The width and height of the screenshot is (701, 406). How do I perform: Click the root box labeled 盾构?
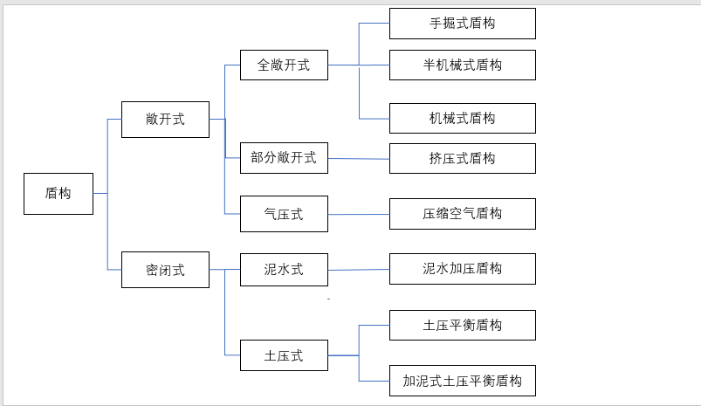tap(58, 194)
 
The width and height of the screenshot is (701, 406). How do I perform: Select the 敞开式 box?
tap(165, 120)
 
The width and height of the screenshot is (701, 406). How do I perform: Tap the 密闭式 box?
tap(165, 270)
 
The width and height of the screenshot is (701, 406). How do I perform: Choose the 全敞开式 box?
tap(284, 65)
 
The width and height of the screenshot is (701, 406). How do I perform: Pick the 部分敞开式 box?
tap(284, 158)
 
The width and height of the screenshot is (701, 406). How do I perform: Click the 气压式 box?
tap(284, 214)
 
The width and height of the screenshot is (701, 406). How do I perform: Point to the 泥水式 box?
tap(284, 270)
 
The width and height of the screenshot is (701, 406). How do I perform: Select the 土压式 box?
tap(284, 355)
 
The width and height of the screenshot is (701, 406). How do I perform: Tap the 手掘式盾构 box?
tap(462, 24)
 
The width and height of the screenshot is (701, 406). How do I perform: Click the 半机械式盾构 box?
tap(462, 65)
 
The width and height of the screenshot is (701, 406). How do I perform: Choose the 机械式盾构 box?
tap(462, 118)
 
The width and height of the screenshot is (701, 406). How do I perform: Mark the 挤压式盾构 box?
tap(462, 158)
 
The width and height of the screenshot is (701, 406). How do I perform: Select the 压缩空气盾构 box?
tap(462, 214)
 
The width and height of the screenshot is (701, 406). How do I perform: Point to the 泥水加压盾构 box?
tap(462, 269)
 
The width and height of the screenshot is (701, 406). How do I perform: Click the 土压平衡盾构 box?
tap(462, 325)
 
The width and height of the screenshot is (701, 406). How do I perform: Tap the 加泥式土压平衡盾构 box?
tap(462, 381)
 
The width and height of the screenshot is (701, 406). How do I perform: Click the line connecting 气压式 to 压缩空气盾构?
tap(358, 214)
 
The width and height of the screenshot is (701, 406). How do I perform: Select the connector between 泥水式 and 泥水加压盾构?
tap(358, 270)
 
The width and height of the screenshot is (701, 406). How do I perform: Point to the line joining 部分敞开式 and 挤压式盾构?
tap(358, 159)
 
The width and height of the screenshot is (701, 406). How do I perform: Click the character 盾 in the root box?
tap(52, 194)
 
